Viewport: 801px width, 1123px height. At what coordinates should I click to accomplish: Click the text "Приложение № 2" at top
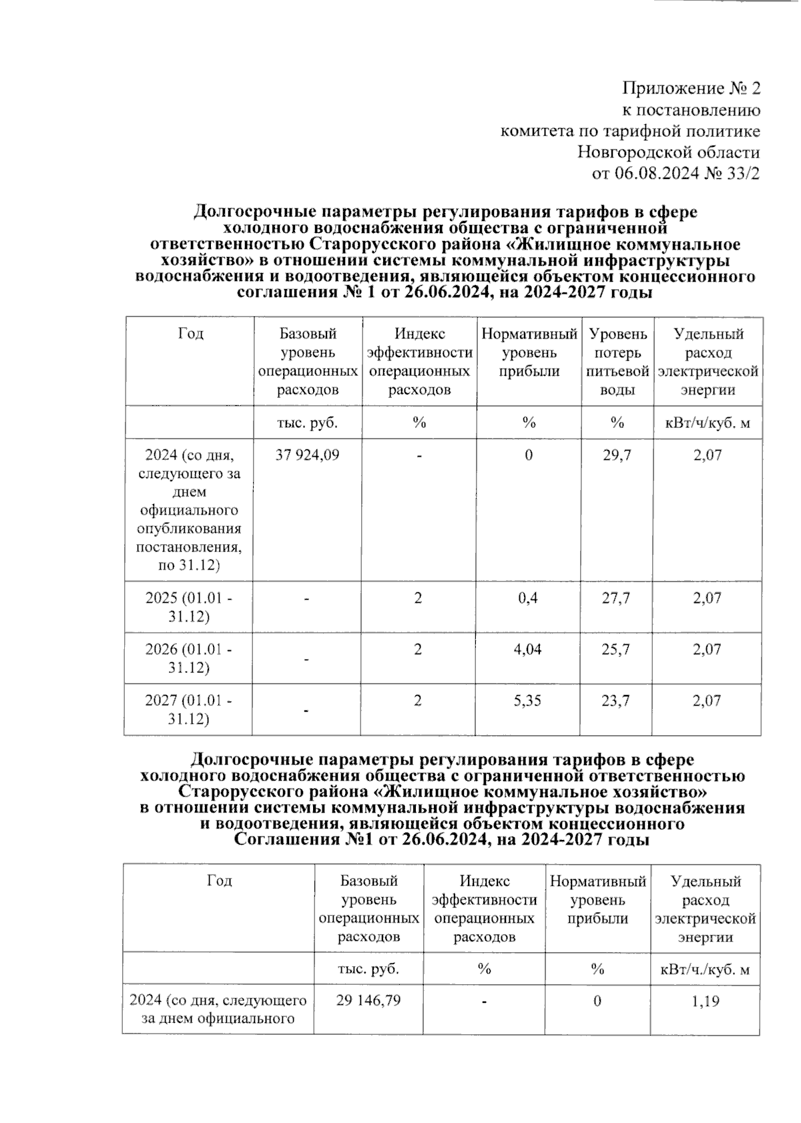pos(691,88)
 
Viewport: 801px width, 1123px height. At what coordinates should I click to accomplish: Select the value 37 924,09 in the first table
pos(307,455)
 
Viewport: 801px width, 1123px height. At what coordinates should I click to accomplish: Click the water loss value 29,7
pos(616,455)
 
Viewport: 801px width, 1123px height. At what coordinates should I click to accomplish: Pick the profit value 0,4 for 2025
pos(528,598)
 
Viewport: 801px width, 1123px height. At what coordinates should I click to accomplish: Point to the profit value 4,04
pos(528,649)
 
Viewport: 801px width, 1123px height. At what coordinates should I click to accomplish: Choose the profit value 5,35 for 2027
pos(528,700)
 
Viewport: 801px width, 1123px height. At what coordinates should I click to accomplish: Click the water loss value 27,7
pos(616,598)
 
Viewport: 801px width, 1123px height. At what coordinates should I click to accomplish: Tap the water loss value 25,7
pos(616,649)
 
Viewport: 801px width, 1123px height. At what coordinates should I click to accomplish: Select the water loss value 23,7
pos(616,700)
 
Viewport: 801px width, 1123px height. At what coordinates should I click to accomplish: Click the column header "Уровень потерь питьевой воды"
pos(617,361)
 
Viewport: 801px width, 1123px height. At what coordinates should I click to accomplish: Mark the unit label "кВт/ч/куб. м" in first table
pos(708,423)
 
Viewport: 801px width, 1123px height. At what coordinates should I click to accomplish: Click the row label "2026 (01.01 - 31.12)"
pos(189,658)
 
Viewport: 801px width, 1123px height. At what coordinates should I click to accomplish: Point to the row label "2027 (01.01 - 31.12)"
pos(189,710)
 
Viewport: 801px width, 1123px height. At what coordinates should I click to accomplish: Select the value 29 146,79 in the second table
pos(368,1000)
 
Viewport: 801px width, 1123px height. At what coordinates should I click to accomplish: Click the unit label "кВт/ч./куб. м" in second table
pos(705,969)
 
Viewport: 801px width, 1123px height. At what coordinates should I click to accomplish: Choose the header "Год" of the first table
pos(190,333)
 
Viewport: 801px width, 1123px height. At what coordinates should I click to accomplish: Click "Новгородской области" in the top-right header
pos(668,152)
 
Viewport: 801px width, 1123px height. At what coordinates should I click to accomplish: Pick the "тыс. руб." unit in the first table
pos(307,423)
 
